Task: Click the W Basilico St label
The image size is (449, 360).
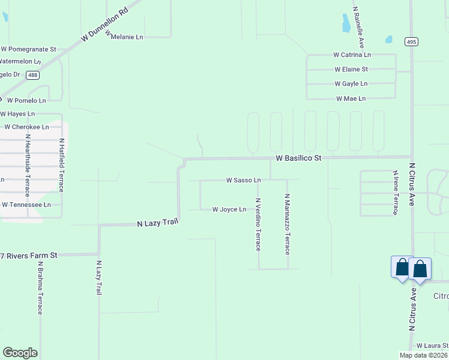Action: pyautogui.click(x=299, y=158)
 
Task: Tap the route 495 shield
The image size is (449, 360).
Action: pyautogui.click(x=411, y=41)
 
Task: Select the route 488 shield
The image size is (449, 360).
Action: pyautogui.click(x=34, y=75)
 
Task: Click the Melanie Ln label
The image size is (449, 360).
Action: pyautogui.click(x=127, y=37)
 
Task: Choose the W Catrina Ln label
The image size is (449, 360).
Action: pyautogui.click(x=352, y=55)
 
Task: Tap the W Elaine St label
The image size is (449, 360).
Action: pyautogui.click(x=351, y=69)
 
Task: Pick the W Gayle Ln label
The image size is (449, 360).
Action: pyautogui.click(x=351, y=83)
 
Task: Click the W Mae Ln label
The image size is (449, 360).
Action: pyautogui.click(x=351, y=98)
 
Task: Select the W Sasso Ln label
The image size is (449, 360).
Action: pyautogui.click(x=243, y=180)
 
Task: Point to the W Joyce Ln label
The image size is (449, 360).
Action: pyautogui.click(x=229, y=209)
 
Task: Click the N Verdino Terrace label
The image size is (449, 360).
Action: pyautogui.click(x=258, y=224)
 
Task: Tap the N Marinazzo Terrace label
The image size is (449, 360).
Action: pyautogui.click(x=287, y=224)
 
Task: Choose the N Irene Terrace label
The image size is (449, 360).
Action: pyautogui.click(x=395, y=192)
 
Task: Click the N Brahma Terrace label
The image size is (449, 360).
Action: pyautogui.click(x=40, y=287)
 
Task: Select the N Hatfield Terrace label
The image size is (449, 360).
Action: pyautogui.click(x=61, y=165)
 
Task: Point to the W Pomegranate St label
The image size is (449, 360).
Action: pyautogui.click(x=28, y=49)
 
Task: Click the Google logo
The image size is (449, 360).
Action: pyautogui.click(x=20, y=353)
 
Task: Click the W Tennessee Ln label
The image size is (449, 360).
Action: pyautogui.click(x=31, y=205)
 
